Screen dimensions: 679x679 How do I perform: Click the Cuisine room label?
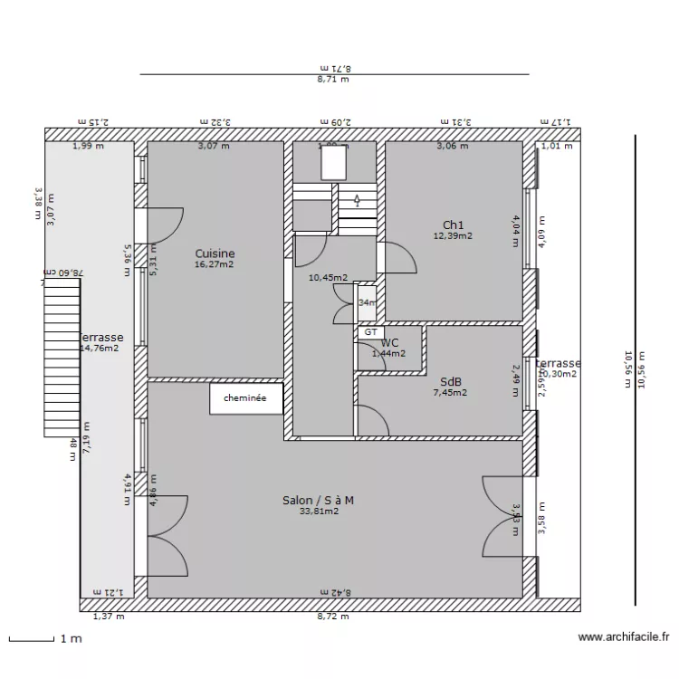coord(215,253)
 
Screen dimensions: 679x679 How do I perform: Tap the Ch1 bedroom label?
coord(453,225)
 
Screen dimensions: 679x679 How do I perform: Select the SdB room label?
coord(451,381)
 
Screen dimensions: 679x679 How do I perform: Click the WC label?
coord(389,343)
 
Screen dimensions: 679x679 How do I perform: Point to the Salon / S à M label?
coord(318,500)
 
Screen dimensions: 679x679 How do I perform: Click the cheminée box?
coord(246,397)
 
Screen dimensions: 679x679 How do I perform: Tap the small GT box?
coord(369,332)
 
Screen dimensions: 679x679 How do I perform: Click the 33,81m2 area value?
coord(319,512)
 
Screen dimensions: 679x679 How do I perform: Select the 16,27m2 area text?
coord(215,265)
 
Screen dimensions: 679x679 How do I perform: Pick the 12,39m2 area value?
coord(453,236)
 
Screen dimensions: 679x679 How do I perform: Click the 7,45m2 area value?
coord(450,393)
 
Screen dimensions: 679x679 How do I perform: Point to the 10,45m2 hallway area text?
coord(328,278)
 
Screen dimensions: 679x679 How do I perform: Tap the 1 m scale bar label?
coord(71,638)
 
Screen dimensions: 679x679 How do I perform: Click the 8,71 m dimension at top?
coord(333,80)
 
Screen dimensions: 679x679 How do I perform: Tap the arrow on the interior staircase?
coord(357,200)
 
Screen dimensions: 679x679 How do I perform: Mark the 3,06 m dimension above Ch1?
coord(453,146)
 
